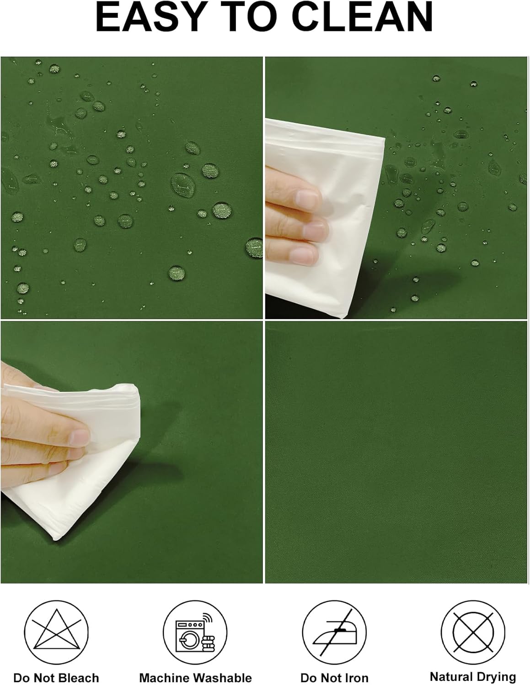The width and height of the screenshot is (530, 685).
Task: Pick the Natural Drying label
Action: [x=473, y=676]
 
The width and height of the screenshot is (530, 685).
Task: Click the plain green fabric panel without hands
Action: [x=396, y=452]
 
